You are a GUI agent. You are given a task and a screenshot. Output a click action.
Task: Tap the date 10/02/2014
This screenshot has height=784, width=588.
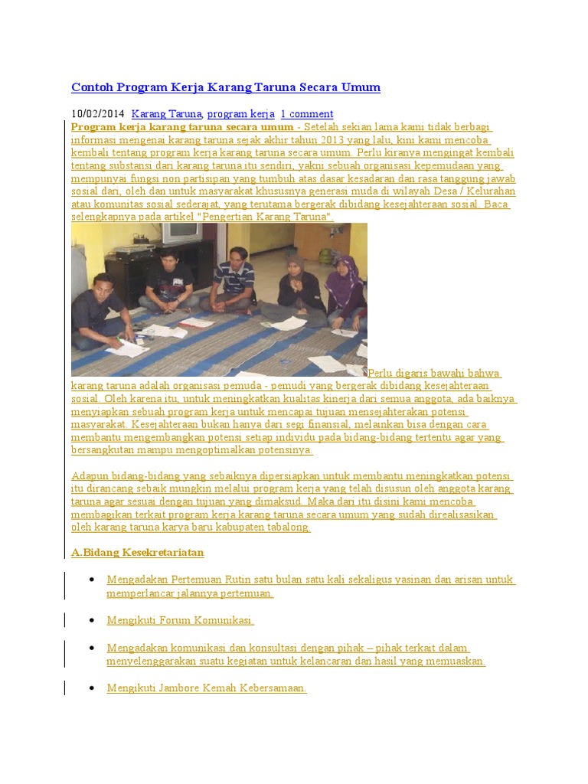click(97, 114)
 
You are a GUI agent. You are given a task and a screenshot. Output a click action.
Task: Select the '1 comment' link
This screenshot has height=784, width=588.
click(306, 114)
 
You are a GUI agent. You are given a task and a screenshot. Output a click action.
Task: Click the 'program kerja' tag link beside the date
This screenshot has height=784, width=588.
click(240, 114)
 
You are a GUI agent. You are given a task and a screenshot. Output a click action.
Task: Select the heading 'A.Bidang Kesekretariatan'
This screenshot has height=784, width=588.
click(138, 552)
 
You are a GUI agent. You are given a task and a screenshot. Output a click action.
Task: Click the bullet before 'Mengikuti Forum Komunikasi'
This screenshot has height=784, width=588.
click(92, 620)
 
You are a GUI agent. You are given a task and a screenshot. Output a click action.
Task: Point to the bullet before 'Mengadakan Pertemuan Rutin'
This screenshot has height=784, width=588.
click(92, 580)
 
